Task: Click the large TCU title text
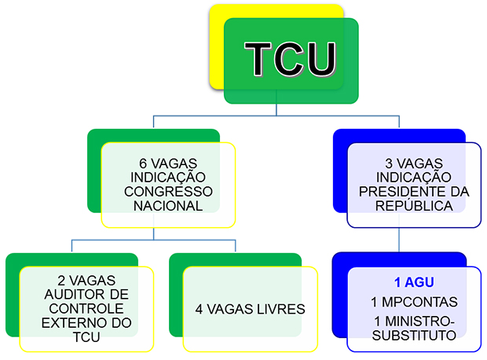(290, 59)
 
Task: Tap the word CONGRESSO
(167, 191)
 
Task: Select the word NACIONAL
(167, 206)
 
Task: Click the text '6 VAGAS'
(167, 162)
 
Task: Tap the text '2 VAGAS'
(84, 281)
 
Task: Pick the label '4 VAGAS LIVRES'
(250, 309)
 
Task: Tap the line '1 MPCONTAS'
(414, 302)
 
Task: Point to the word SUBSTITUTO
(414, 335)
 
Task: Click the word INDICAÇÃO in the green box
(167, 177)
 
